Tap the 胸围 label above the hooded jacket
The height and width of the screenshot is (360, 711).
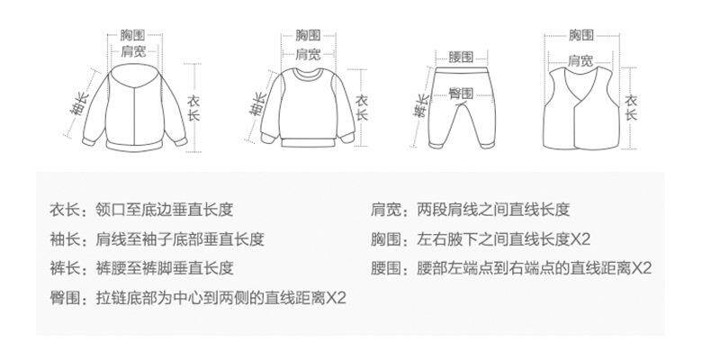click(132, 36)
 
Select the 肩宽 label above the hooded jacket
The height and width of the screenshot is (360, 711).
click(132, 51)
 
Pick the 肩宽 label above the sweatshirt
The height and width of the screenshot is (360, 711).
click(308, 54)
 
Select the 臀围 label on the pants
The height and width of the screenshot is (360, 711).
click(460, 93)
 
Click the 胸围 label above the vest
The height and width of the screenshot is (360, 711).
click(580, 36)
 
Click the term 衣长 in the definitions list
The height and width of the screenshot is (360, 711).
click(65, 211)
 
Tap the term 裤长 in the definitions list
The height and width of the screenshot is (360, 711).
click(65, 268)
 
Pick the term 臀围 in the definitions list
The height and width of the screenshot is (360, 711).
click(65, 297)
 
